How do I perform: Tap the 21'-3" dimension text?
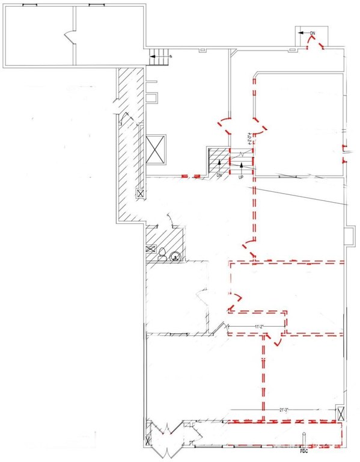(x=284, y=410)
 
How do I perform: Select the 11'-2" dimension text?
(x=260, y=326)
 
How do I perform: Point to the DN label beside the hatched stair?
(x=220, y=174)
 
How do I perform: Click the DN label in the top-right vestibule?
(x=313, y=32)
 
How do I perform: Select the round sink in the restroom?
(x=175, y=256)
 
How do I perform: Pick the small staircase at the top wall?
(x=160, y=58)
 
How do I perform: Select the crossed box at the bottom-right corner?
(x=341, y=414)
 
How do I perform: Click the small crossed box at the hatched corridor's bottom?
(x=141, y=194)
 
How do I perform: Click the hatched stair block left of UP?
(x=216, y=161)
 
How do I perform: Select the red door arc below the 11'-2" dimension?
(x=276, y=341)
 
